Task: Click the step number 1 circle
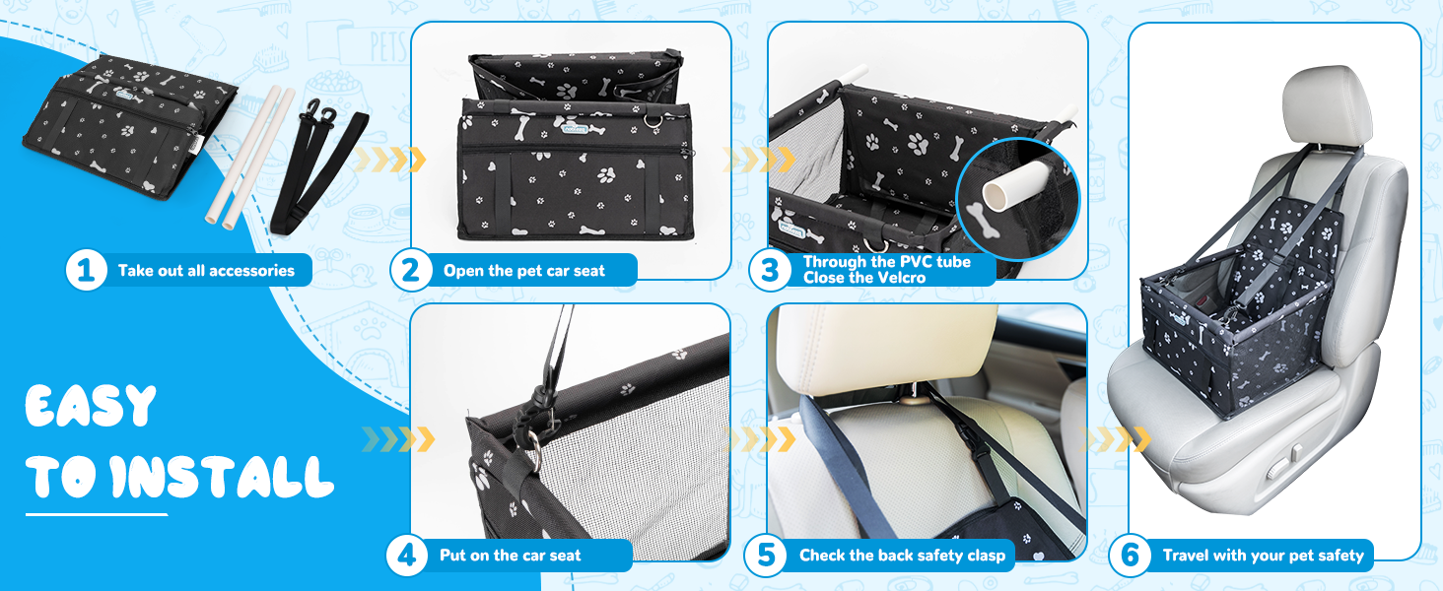point(87,271)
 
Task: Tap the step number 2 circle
point(410,271)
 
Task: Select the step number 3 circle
point(769,271)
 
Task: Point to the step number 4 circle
point(406,555)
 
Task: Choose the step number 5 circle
point(765,555)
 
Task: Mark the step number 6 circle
point(1130,555)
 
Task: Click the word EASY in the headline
point(91,406)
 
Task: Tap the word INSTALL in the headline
point(222,477)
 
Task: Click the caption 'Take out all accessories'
point(206,271)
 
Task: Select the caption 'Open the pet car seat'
point(523,271)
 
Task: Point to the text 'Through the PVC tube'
point(886,262)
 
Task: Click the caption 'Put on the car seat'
point(510,556)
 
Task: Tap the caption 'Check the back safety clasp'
point(902,556)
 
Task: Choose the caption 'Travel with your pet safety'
point(1263,556)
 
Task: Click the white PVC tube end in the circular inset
point(997,194)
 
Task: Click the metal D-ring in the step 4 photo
point(533,441)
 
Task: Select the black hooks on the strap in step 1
point(320,113)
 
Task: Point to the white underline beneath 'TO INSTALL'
point(97,514)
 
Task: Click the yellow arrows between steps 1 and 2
point(389,159)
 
